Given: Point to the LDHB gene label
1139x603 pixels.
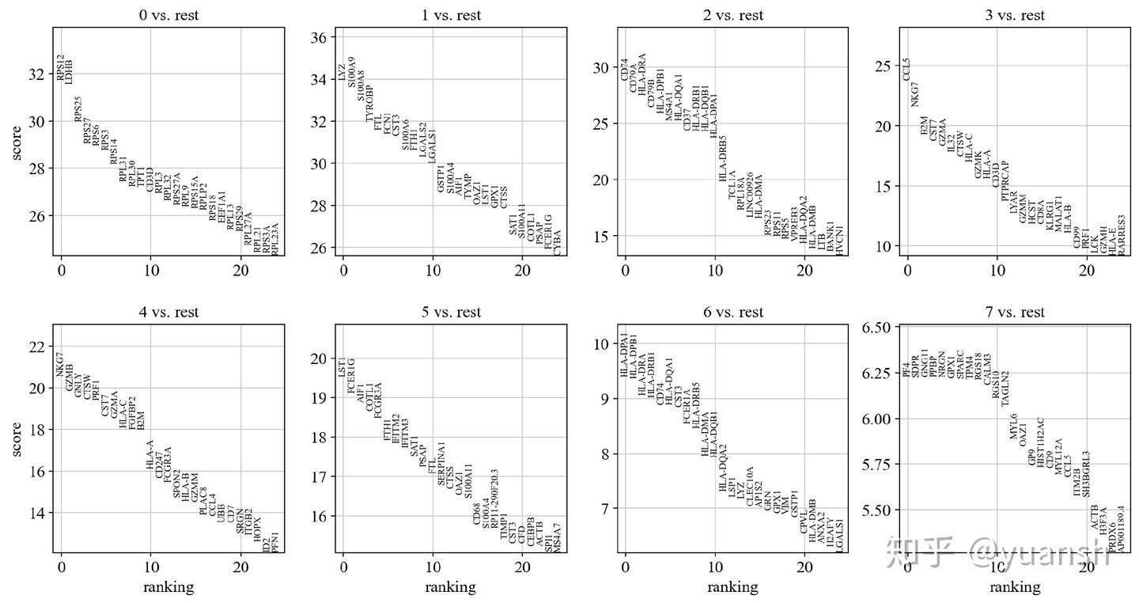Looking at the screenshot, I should (70, 72).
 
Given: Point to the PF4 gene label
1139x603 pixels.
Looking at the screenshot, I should (906, 369).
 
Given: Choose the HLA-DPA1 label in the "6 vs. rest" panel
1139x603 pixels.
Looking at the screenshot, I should (625, 355).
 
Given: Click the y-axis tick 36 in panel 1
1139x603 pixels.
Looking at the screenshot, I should (319, 38).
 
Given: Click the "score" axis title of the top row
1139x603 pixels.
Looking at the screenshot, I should (17, 142).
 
